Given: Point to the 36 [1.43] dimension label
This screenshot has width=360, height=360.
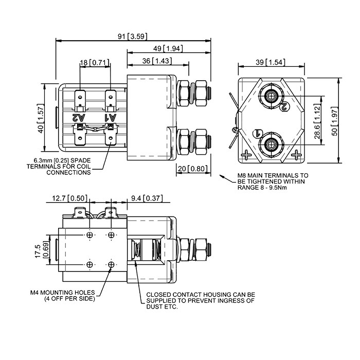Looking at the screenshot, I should click(157, 61).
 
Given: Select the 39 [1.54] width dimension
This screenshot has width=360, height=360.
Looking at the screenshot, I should click(271, 62).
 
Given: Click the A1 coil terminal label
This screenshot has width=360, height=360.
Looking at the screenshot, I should click(111, 118).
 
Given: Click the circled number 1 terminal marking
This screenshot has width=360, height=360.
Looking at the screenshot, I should click(257, 134).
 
